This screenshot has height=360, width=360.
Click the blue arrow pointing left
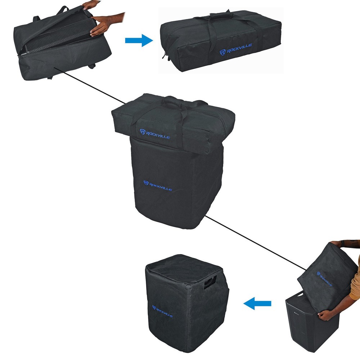coord(257,304)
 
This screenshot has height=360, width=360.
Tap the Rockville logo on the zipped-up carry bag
coord(236,49)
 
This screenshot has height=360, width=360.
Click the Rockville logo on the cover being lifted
coord(324,279)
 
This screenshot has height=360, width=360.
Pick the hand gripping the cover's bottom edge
coord(326,315)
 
